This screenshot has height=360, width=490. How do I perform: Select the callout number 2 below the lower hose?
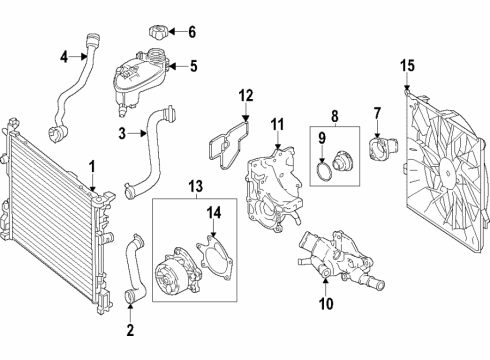130,329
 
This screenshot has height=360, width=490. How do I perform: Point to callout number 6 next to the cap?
192,31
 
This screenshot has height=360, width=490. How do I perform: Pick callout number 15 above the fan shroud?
407,67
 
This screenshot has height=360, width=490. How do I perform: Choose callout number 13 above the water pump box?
194,185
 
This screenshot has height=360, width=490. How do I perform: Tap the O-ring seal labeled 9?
322,176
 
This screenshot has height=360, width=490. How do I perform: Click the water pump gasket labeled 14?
213,255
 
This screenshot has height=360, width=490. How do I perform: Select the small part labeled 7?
380,153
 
